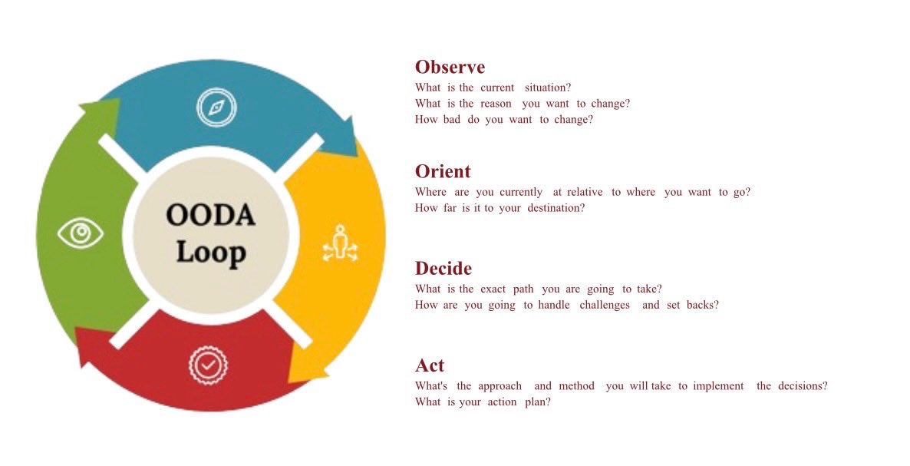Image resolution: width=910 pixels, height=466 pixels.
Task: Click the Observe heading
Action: (x=450, y=67)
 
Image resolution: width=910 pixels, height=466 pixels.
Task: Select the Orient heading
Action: (x=443, y=171)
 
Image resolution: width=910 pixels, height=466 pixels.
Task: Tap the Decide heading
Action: (x=443, y=269)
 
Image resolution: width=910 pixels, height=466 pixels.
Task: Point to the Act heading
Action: (x=430, y=365)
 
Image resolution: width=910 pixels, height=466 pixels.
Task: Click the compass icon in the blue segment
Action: (x=216, y=107)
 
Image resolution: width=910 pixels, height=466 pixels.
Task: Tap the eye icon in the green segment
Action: (x=81, y=233)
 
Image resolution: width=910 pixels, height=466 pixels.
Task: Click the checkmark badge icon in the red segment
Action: (x=208, y=365)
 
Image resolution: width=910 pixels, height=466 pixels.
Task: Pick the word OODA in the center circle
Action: (x=210, y=216)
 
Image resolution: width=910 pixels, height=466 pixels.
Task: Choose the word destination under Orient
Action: (x=556, y=208)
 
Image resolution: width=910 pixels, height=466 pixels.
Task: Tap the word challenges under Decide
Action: (x=605, y=305)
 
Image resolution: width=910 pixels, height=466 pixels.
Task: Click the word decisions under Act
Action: (x=803, y=386)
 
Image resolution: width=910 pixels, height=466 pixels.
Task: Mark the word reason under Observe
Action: (x=496, y=104)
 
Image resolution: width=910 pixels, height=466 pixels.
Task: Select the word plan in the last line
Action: (x=537, y=402)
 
